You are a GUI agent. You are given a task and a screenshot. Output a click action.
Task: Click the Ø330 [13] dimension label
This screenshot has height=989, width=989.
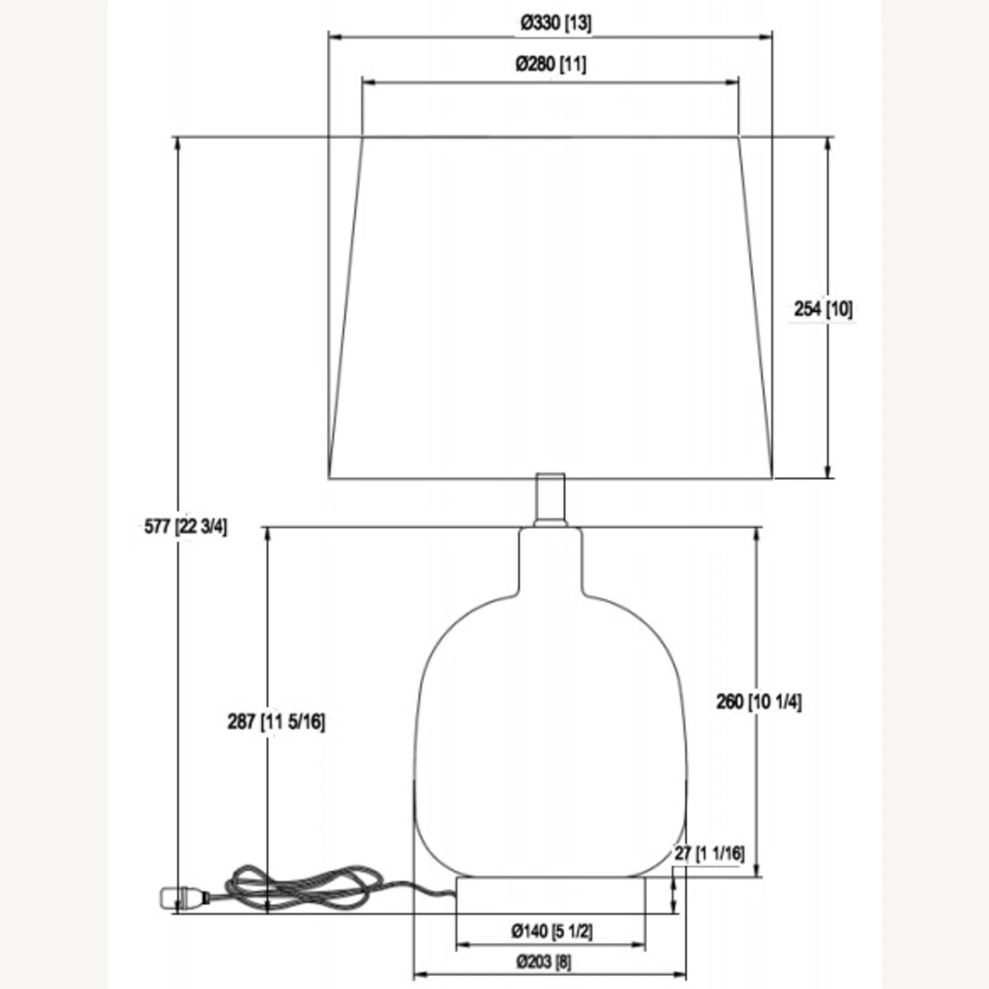[x=556, y=23]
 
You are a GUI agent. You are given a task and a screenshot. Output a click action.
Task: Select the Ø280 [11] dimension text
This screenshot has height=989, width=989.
[x=551, y=64]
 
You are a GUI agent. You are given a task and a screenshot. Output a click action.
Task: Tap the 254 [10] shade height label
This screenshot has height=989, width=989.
[x=823, y=309]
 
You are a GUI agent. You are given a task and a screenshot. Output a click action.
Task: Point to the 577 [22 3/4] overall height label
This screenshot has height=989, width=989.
[x=186, y=527]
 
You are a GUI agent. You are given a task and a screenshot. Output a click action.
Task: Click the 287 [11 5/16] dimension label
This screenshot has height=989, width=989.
[x=276, y=722]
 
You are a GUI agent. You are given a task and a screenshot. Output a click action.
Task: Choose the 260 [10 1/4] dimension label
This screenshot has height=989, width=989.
[x=759, y=702]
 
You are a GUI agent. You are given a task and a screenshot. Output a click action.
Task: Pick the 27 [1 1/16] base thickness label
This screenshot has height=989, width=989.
[x=709, y=853]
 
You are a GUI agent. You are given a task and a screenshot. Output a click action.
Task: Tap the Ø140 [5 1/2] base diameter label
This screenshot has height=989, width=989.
[x=552, y=931]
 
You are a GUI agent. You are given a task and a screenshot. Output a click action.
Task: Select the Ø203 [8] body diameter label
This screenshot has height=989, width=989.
[x=544, y=962]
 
